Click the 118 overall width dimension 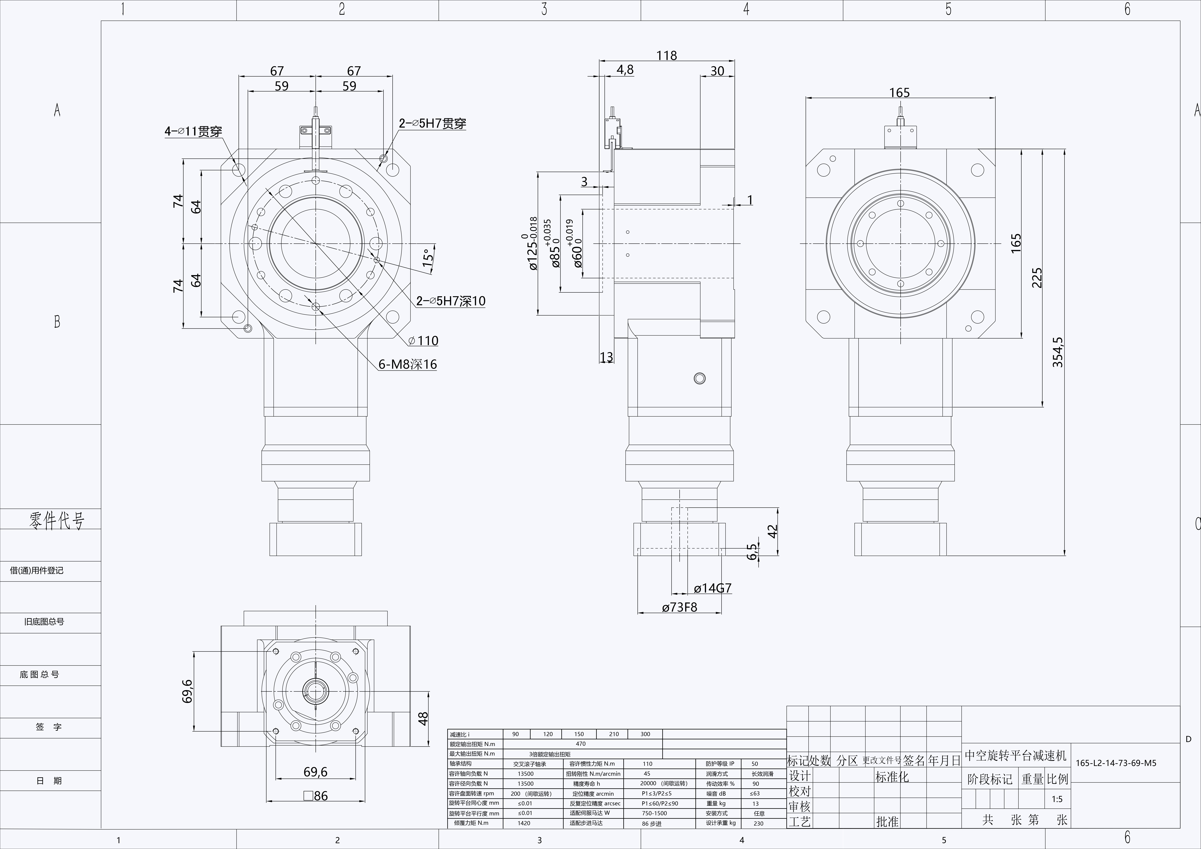666,55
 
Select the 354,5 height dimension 1058,352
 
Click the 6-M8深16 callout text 408,364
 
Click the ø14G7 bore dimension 712,588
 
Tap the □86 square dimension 315,796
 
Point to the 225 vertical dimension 1037,278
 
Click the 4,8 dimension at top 625,70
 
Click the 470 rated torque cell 581,743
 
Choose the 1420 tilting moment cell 524,823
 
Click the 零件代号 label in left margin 56,520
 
